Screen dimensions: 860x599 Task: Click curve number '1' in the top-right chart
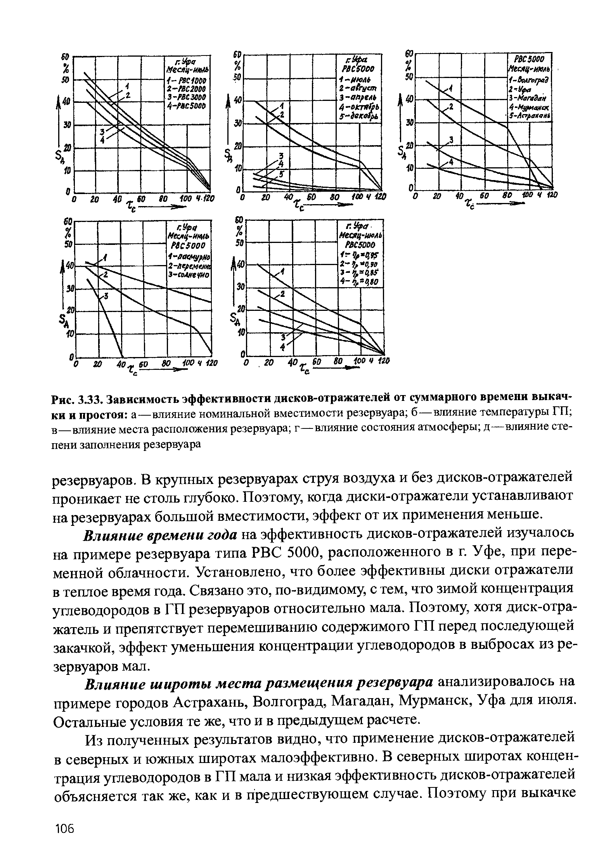(451, 89)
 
